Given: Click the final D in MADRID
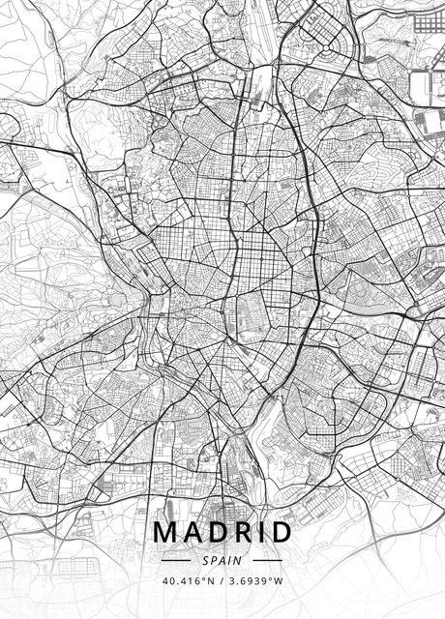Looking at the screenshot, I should (281, 533).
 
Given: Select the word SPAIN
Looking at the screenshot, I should (222, 560).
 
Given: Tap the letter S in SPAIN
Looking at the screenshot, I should (205, 560).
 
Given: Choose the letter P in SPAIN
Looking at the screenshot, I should (214, 560).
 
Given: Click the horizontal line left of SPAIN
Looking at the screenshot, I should (177, 560).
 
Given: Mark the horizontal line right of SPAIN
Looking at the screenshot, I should (267, 560).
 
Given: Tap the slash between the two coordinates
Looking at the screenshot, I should (222, 581).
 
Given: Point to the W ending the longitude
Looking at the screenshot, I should (281, 581).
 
